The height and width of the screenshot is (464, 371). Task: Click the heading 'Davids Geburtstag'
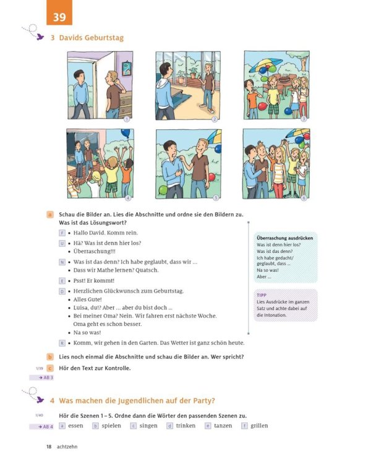coord(91,38)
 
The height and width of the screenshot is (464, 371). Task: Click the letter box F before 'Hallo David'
coord(62,233)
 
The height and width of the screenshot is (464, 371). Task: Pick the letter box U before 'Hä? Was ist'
coord(62,244)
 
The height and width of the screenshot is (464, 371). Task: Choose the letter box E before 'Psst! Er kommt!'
coord(62,280)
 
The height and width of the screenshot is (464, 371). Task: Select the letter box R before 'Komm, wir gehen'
coord(62,343)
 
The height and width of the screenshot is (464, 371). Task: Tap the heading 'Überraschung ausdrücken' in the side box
coord(284,238)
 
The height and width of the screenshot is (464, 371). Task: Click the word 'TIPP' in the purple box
coord(262,295)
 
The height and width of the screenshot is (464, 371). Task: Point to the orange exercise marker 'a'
coord(50,214)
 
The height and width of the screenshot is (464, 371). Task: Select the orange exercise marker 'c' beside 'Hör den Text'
coord(50,368)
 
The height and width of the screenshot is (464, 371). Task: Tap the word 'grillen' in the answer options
coord(259,426)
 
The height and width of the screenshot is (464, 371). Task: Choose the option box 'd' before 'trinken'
coord(170,426)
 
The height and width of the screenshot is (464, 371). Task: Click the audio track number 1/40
coord(40,415)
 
